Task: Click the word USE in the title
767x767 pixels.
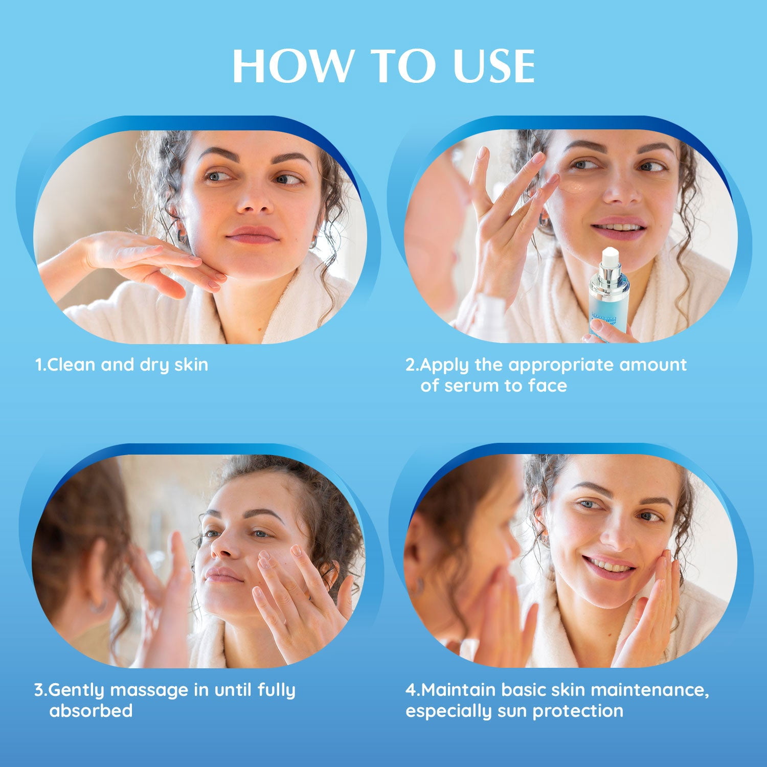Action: [494, 66]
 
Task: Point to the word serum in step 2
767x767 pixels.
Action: [471, 386]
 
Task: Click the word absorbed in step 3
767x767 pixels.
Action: [91, 711]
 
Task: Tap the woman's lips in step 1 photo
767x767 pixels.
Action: [253, 235]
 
